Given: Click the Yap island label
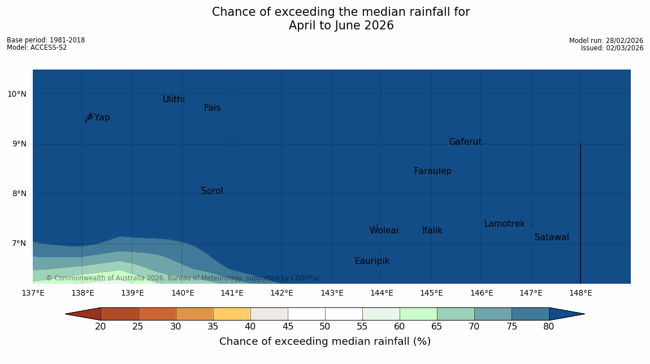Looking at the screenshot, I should (102, 118).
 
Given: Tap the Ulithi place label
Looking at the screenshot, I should (174, 99).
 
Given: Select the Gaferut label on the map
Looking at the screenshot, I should (465, 142).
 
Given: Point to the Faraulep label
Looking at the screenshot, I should (432, 171).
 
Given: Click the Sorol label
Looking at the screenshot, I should (212, 191).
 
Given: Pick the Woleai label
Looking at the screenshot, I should (384, 231).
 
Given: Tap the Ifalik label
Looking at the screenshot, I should (432, 231).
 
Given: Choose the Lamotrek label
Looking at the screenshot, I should (504, 224).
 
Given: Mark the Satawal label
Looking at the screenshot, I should (552, 237).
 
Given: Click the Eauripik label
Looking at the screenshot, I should (372, 261).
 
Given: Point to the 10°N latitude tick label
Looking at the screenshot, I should (17, 94).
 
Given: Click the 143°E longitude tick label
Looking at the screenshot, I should (332, 293).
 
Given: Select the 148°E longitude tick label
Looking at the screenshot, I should (580, 293).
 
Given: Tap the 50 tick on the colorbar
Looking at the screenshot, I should (324, 326).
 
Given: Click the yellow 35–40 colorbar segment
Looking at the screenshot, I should (232, 314).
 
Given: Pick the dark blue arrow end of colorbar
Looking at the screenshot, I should (566, 314).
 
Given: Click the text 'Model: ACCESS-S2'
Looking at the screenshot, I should (37, 47).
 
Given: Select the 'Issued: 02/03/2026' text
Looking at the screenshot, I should (612, 48).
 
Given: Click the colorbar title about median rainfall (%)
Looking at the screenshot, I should (325, 341).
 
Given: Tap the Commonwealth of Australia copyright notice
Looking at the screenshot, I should (183, 278).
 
